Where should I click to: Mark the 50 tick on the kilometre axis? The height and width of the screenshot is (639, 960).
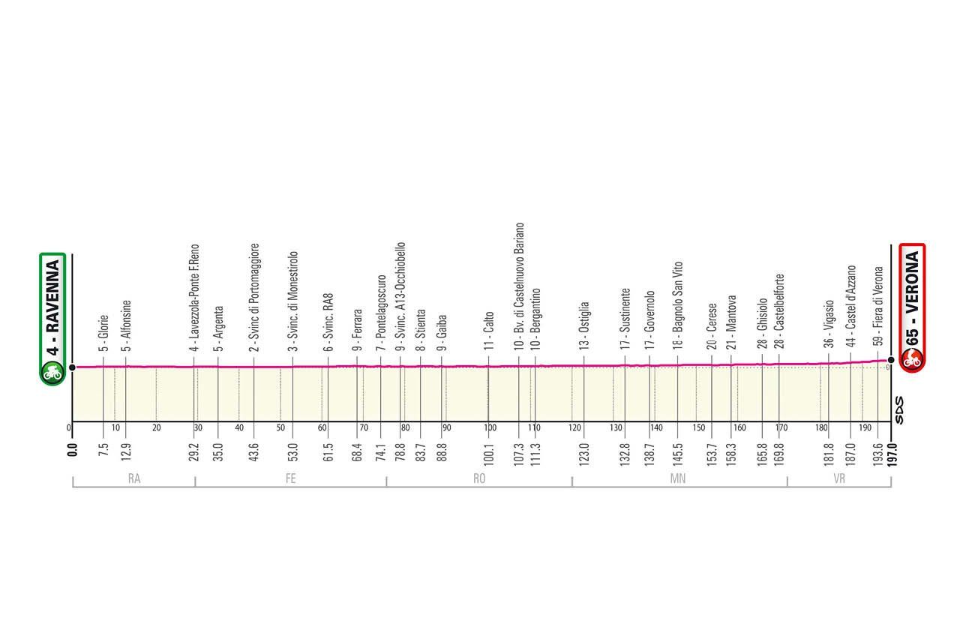click(280, 428)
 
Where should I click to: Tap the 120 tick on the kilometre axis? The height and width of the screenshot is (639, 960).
click(575, 428)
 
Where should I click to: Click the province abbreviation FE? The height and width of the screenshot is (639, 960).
click(290, 478)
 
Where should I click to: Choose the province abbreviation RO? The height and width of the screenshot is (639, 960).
click(479, 478)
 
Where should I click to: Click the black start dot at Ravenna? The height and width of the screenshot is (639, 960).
click(72, 367)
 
